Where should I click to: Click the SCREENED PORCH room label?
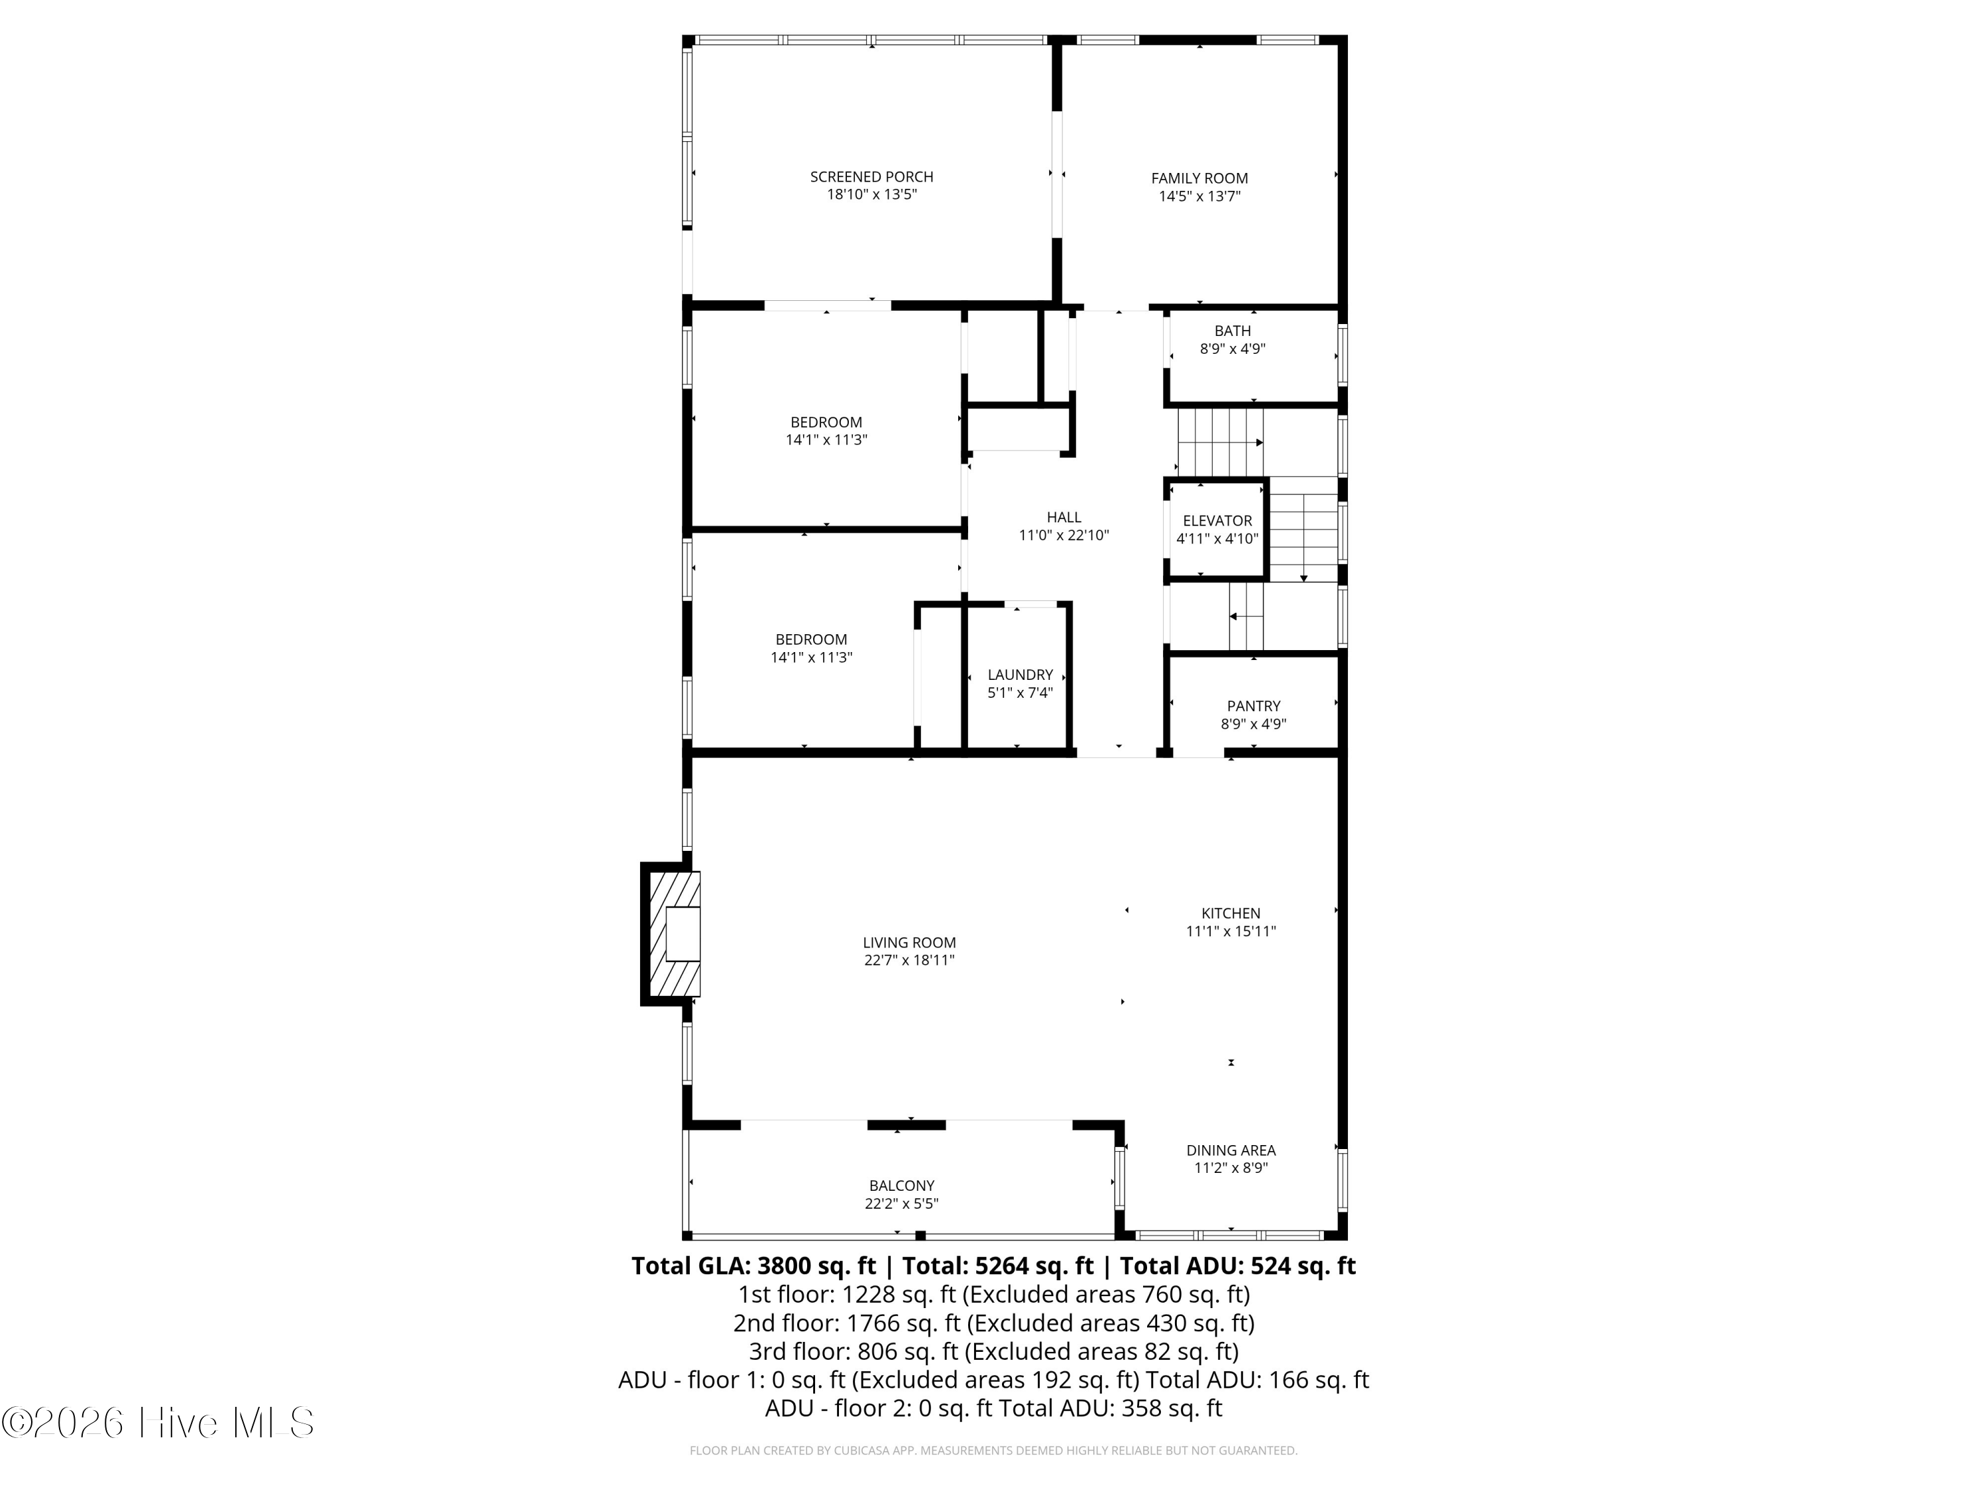click(872, 177)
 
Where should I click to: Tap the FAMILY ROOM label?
click(1200, 179)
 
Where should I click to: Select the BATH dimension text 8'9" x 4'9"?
click(1233, 349)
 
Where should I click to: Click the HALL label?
click(1064, 518)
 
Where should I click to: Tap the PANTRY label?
click(1254, 706)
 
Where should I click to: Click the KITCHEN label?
click(1231, 913)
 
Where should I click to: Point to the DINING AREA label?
click(1231, 1150)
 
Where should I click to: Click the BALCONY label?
click(901, 1186)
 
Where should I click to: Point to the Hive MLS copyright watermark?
click(158, 1423)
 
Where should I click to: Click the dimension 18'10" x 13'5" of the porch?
click(872, 195)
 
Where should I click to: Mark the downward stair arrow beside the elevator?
click(1304, 529)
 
